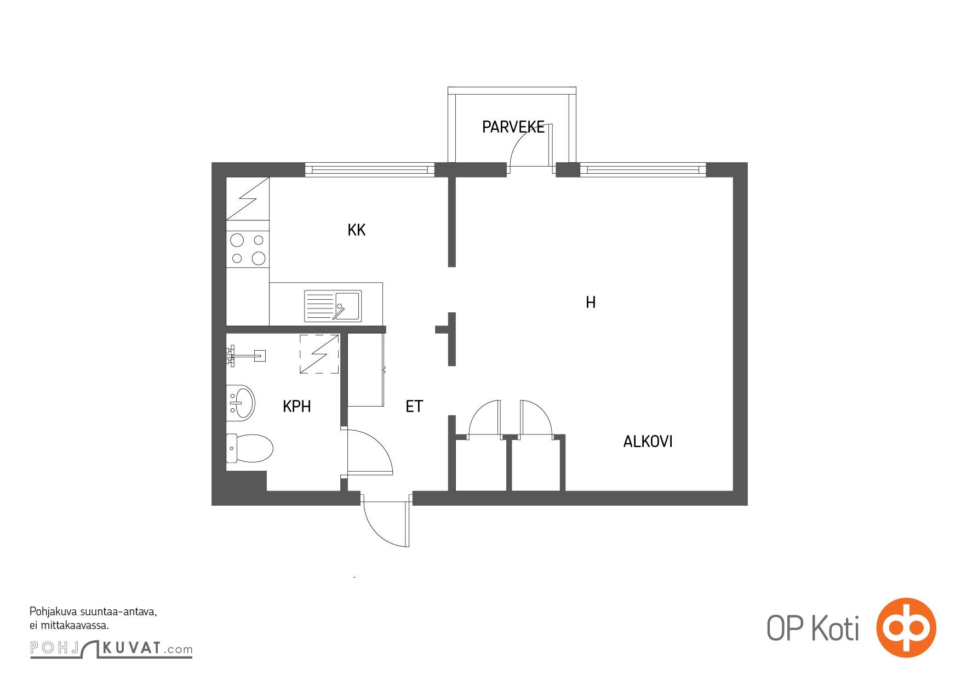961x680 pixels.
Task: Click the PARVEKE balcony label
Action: click(x=513, y=127)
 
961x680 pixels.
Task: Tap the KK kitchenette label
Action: click(x=356, y=230)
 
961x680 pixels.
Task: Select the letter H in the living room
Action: click(x=591, y=302)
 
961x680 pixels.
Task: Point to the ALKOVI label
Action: click(x=648, y=442)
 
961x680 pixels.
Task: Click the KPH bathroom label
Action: click(x=297, y=407)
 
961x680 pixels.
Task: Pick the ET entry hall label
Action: click(x=414, y=407)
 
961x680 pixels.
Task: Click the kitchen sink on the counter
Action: click(x=333, y=306)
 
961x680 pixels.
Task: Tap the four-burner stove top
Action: click(x=248, y=249)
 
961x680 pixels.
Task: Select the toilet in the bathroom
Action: click(x=249, y=449)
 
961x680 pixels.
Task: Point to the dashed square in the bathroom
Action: click(x=319, y=354)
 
